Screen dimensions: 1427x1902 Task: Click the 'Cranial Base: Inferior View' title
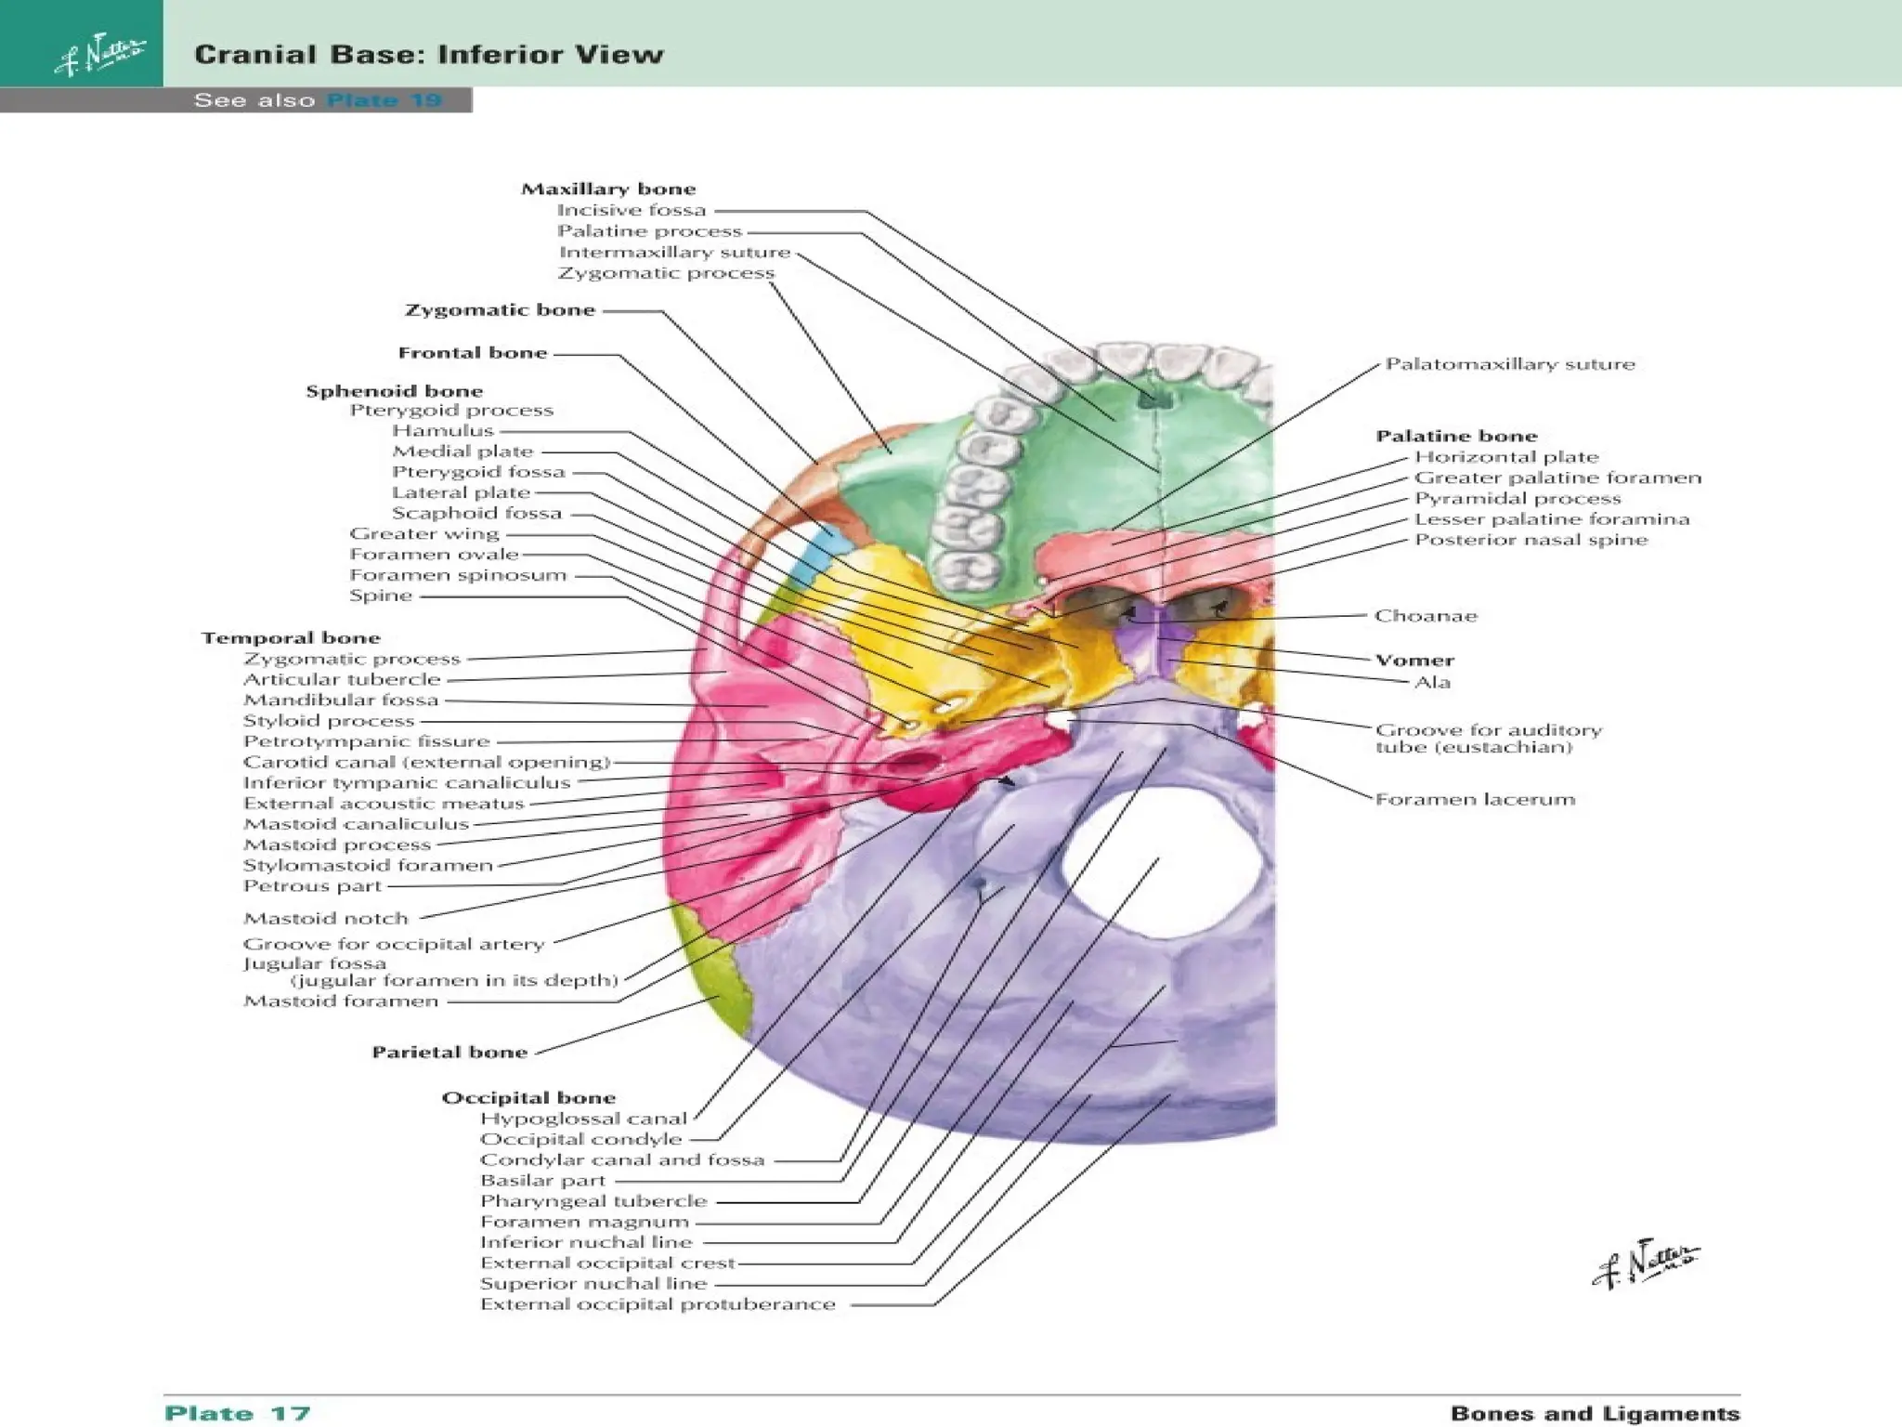pyautogui.click(x=429, y=54)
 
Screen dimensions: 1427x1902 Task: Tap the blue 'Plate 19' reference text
pyautogui.click(x=384, y=100)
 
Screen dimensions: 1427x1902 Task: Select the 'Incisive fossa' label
pyautogui.click(x=632, y=211)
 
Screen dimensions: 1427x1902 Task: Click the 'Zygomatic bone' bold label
pyautogui.click(x=500, y=310)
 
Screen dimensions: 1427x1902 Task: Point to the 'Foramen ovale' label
pyautogui.click(x=434, y=555)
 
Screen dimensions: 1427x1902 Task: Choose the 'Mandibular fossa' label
pyautogui.click(x=340, y=700)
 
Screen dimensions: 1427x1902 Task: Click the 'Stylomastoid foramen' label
pyautogui.click(x=368, y=866)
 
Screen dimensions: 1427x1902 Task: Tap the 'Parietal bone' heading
pyautogui.click(x=449, y=1053)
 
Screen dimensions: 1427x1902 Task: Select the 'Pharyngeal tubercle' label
pyautogui.click(x=593, y=1201)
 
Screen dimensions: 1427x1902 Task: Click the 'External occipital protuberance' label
pyautogui.click(x=658, y=1304)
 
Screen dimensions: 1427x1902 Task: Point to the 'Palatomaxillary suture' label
pyautogui.click(x=1510, y=364)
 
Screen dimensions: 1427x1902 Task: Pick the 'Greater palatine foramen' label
pyautogui.click(x=1557, y=478)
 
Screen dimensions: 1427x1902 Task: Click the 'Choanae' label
pyautogui.click(x=1426, y=616)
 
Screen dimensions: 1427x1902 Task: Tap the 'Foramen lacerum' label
pyautogui.click(x=1475, y=799)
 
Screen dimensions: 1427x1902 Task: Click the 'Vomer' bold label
pyautogui.click(x=1414, y=661)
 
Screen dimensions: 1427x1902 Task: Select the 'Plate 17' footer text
pyautogui.click(x=238, y=1413)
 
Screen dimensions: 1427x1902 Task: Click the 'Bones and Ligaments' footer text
pyautogui.click(x=1595, y=1413)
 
